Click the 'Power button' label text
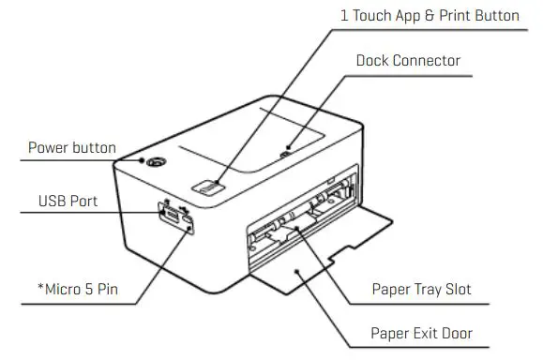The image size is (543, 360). point(71,147)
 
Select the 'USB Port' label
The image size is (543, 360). point(68,201)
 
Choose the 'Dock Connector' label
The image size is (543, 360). point(408,61)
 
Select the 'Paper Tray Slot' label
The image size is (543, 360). point(420,289)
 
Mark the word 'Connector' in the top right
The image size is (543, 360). point(428,61)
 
